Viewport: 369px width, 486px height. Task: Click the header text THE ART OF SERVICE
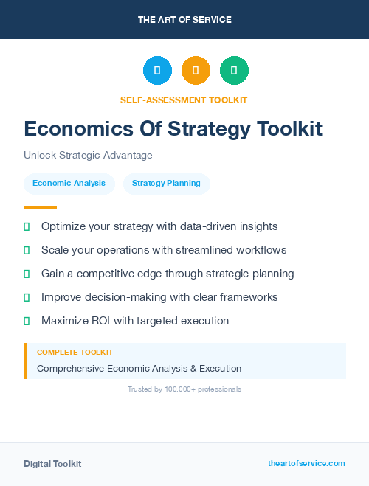tap(184, 19)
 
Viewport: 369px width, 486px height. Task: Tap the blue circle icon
tap(157, 71)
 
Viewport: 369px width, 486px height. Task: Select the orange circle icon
tap(196, 71)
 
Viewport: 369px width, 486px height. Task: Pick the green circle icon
tap(234, 71)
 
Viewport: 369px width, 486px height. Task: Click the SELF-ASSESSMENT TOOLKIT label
tap(184, 100)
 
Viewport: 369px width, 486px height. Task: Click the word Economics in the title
tap(79, 129)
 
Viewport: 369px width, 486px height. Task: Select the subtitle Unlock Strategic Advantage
tap(88, 156)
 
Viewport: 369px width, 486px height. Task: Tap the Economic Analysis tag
tap(69, 183)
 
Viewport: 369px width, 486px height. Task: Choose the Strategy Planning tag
tap(166, 183)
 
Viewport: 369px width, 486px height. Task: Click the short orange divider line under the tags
tap(40, 207)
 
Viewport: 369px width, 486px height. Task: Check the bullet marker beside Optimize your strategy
tap(27, 226)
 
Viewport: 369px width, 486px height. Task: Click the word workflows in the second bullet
tap(261, 250)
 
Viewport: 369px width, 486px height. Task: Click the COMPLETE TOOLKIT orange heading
tap(75, 353)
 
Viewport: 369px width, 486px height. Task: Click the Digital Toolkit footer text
tap(52, 464)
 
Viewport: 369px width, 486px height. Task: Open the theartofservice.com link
tap(306, 463)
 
